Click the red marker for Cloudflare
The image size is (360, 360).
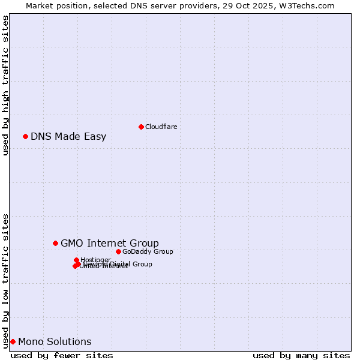point(141,127)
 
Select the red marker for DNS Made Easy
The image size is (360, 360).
point(25,136)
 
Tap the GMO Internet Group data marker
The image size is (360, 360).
point(55,243)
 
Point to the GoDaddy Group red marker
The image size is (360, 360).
point(118,251)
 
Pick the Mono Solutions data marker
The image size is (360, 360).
point(13,341)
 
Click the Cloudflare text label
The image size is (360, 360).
point(161,127)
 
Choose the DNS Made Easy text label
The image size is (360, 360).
point(68,136)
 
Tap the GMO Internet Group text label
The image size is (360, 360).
point(110,243)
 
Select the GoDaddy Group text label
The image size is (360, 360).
point(148,251)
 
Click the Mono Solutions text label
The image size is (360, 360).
point(55,341)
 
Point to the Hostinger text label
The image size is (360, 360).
point(95,260)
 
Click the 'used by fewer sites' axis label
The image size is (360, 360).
point(62,355)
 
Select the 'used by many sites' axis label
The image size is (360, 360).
point(301,355)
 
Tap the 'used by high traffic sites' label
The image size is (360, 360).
point(5,85)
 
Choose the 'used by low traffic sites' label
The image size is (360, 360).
point(5,280)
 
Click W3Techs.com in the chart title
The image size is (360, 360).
point(310,5)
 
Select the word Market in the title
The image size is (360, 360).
point(40,5)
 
